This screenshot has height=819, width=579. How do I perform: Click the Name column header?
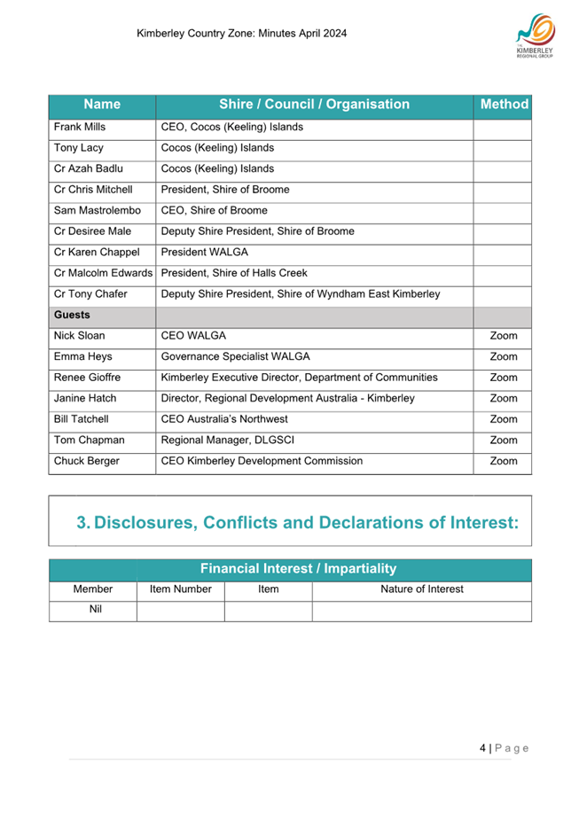(x=101, y=105)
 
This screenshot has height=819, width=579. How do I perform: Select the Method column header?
(x=504, y=105)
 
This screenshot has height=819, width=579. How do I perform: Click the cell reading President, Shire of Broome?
(x=224, y=190)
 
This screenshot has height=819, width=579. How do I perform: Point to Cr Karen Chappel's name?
(x=97, y=253)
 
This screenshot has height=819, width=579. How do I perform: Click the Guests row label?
(x=73, y=316)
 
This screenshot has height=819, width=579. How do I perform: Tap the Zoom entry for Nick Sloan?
(x=503, y=337)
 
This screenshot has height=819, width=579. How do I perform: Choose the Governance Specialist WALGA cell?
(x=235, y=357)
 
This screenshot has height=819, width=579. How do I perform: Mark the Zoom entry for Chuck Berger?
(x=503, y=461)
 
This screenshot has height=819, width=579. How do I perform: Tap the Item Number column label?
(x=180, y=589)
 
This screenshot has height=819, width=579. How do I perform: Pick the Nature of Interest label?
(x=421, y=589)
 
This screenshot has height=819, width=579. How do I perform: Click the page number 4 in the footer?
(x=482, y=749)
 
